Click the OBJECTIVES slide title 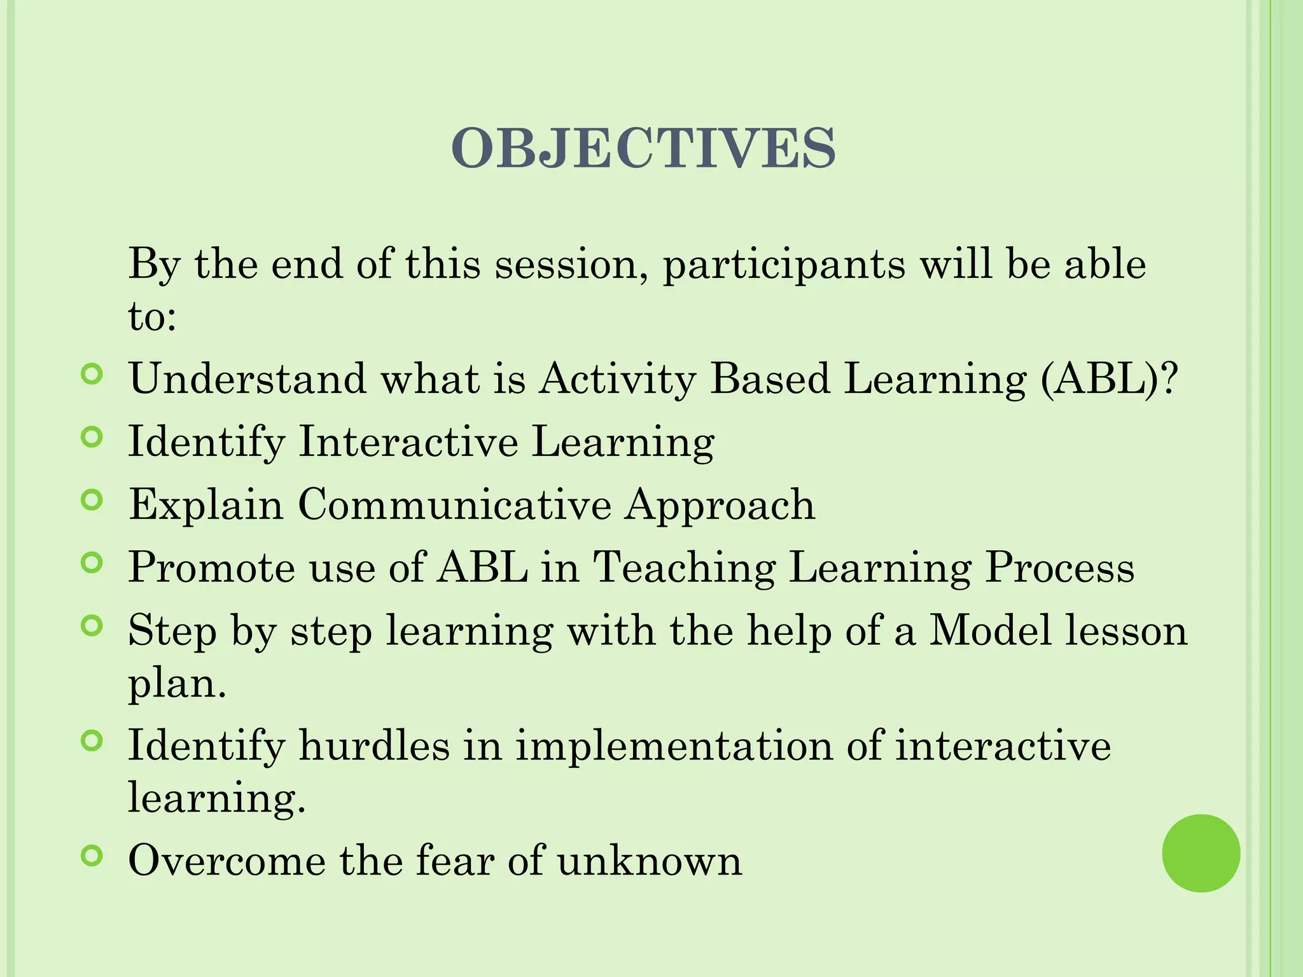(643, 148)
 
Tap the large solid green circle (1201, 853)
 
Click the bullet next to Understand (92, 375)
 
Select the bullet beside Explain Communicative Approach (92, 500)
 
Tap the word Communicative (454, 504)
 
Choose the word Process (1059, 567)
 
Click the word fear (454, 861)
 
